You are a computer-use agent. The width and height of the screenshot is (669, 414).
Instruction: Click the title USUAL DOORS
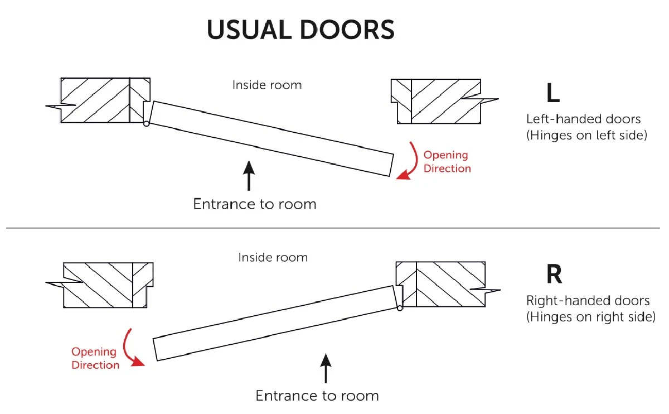tap(300, 30)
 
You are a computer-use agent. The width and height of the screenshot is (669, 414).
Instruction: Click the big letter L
tap(552, 93)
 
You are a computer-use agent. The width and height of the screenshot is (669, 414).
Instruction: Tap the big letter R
tap(554, 275)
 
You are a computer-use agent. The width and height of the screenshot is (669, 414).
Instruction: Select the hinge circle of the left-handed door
tap(146, 123)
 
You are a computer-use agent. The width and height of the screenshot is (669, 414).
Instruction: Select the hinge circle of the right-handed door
tap(400, 307)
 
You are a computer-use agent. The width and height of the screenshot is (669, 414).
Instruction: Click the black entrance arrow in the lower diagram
tap(326, 366)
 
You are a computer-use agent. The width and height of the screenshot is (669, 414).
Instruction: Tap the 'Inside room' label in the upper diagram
tap(267, 85)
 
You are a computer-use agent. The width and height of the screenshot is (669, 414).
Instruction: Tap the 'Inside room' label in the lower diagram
tap(273, 258)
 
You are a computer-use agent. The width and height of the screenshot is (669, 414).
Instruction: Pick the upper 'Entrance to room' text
tap(255, 204)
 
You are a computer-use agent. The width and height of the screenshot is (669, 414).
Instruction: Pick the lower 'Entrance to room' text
tap(317, 396)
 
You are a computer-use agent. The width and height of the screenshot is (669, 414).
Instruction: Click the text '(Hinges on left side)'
tap(586, 135)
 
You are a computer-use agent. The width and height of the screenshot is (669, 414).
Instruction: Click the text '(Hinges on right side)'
tap(590, 317)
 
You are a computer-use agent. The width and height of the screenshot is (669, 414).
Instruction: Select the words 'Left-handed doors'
tap(583, 119)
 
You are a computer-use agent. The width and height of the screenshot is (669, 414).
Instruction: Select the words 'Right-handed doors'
tap(588, 301)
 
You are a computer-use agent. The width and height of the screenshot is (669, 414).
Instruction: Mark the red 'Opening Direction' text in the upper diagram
tap(447, 162)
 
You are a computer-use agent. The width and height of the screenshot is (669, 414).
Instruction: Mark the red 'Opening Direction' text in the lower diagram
tap(95, 359)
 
